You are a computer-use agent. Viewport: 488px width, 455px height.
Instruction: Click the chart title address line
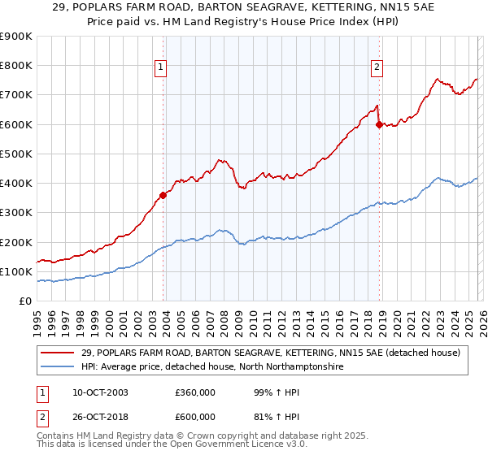coord(243,7)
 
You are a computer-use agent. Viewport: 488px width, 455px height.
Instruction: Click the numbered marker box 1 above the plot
coord(161,67)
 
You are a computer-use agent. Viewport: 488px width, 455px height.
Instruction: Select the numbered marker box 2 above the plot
coord(377,67)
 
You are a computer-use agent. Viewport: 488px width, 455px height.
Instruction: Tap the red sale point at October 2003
coord(163,194)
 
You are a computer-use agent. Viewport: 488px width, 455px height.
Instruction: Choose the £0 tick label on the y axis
coord(24,301)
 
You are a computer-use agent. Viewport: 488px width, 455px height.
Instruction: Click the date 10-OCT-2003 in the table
coord(93,392)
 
